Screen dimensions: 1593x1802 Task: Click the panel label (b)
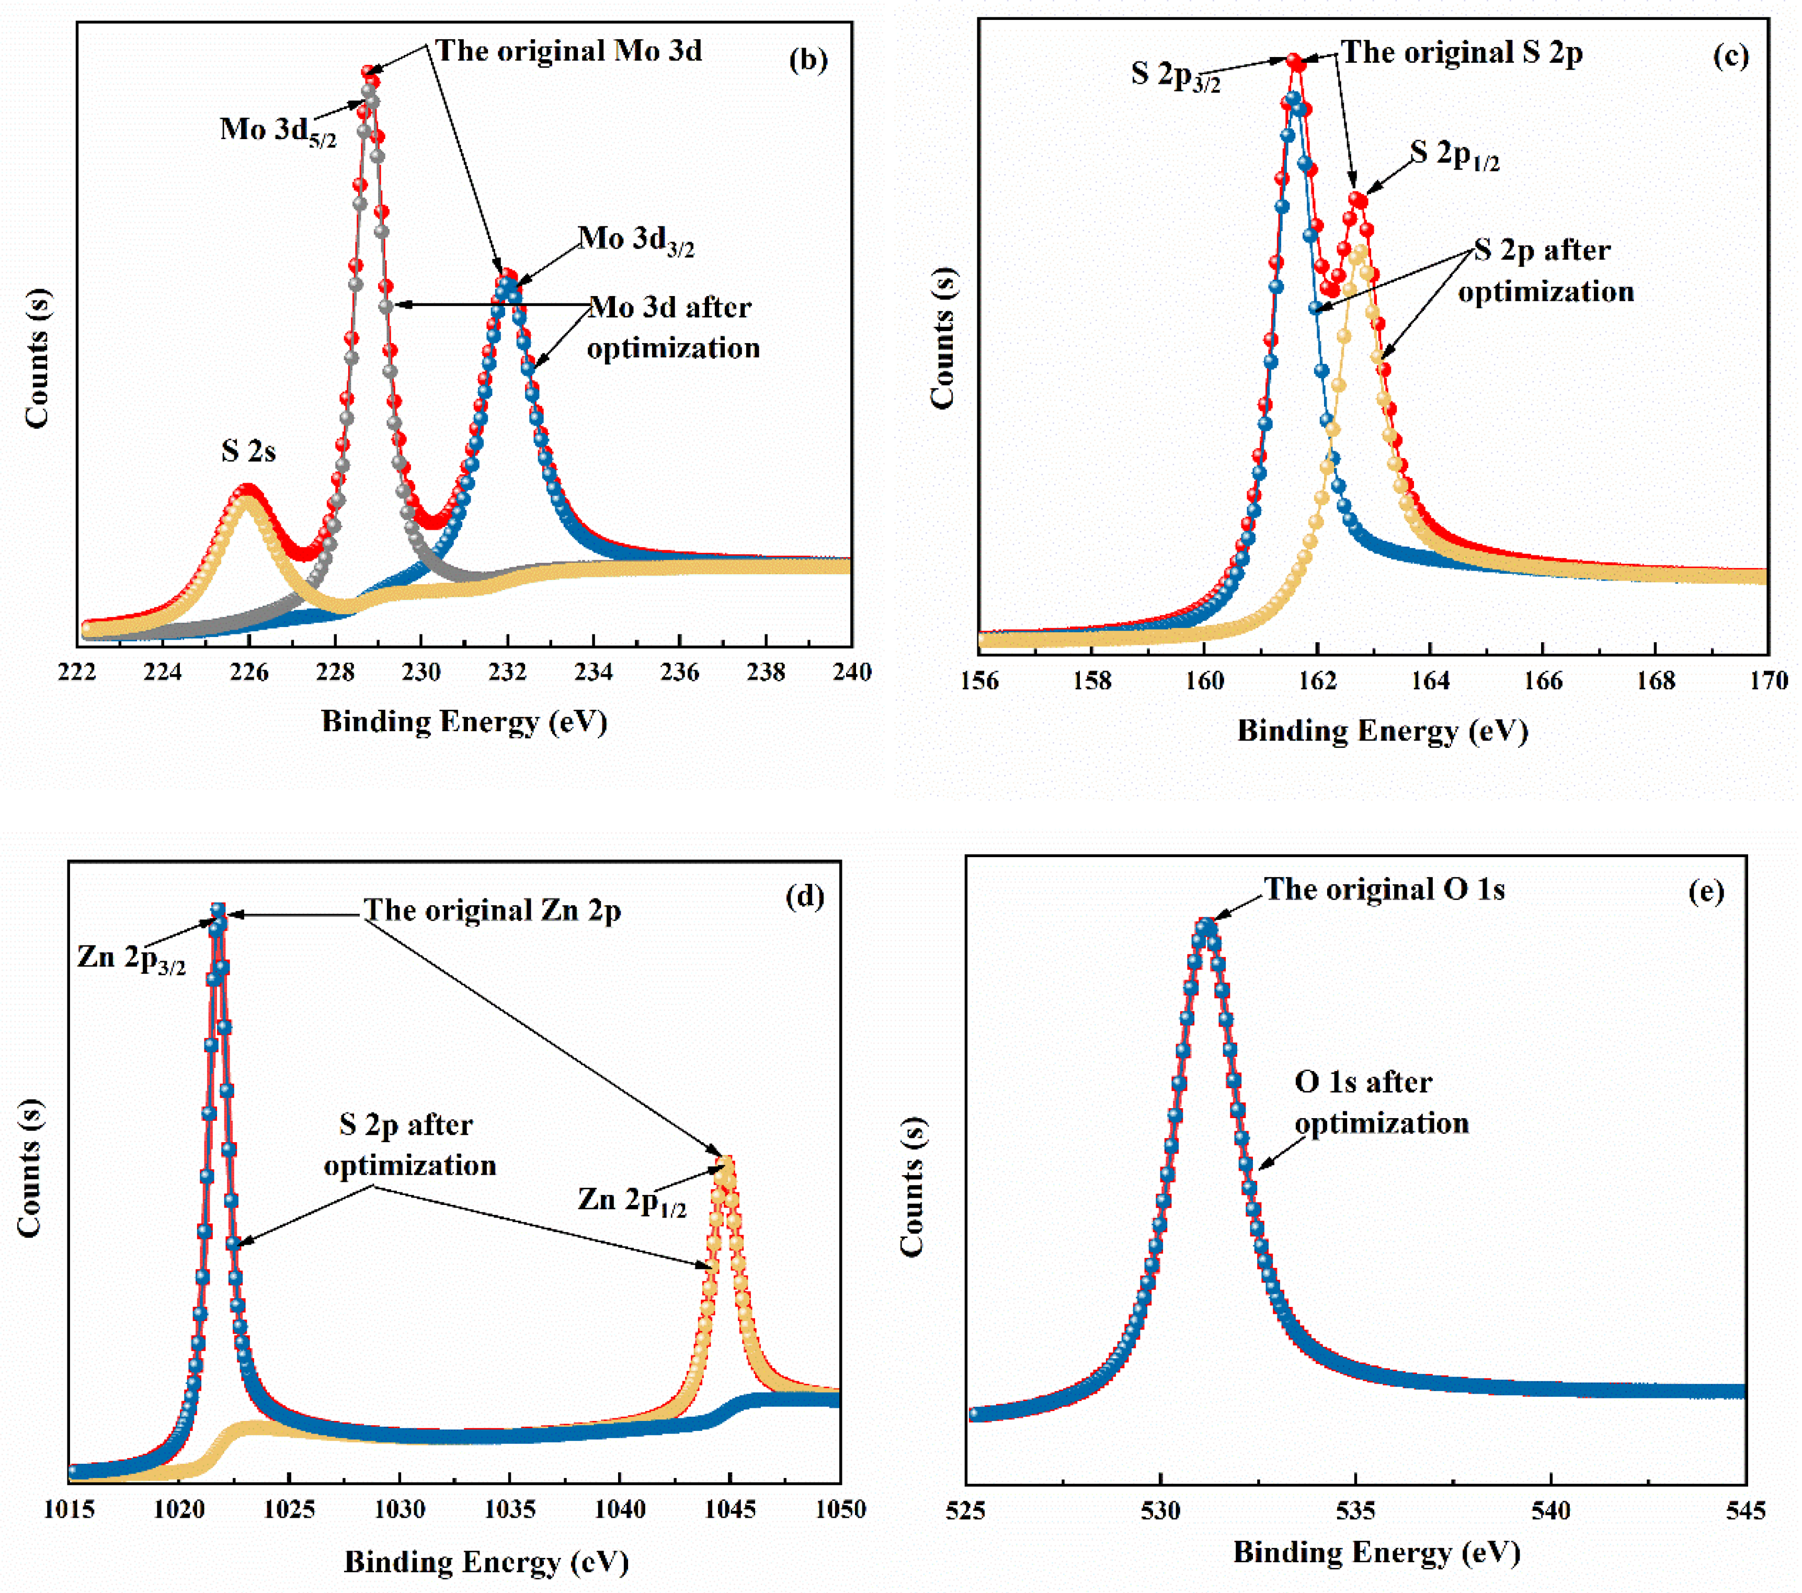807,60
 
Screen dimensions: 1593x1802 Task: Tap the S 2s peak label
248,451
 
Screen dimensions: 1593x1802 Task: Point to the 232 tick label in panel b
507,673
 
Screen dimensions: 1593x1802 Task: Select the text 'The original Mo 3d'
568,51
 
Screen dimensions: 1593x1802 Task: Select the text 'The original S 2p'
1461,53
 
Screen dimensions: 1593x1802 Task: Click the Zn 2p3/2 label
131,958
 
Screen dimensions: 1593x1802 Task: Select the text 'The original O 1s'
1384,890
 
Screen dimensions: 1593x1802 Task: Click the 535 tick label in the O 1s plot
1355,1511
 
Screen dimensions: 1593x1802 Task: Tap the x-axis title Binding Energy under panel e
1376,1552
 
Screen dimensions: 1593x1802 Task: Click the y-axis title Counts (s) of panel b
37,357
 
